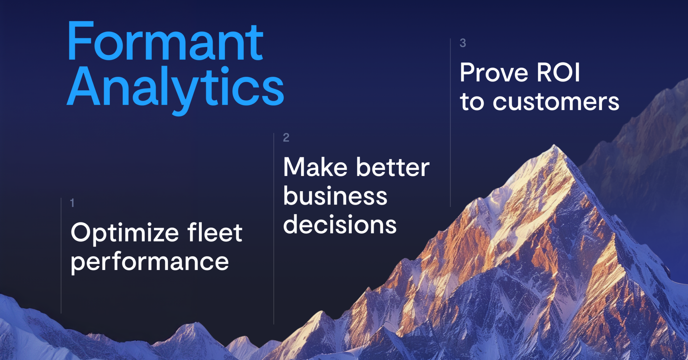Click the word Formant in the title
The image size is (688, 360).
165,42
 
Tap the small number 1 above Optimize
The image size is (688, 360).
72,203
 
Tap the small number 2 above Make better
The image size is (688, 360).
286,137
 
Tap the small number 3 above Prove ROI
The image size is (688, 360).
463,43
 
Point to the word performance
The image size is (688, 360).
149,262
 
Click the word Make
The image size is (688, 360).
315,167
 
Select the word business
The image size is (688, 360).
335,196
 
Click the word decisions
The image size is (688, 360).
340,225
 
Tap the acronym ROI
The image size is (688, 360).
558,72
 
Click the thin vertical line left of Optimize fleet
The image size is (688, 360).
61,255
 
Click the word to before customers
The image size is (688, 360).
472,102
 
